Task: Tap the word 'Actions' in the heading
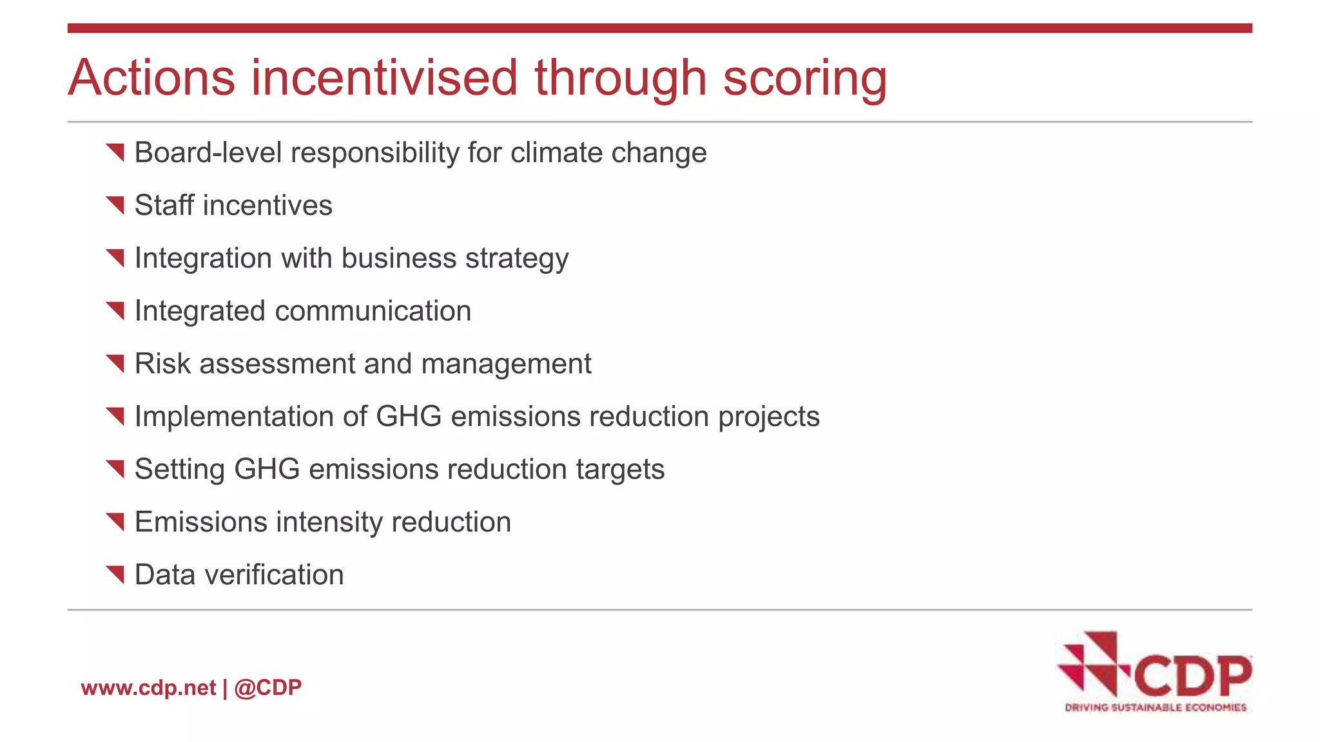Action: (152, 79)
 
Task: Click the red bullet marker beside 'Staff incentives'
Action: (115, 205)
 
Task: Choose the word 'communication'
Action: (373, 311)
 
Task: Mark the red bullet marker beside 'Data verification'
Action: (115, 575)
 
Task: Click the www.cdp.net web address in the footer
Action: (148, 688)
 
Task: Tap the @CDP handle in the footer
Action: (268, 688)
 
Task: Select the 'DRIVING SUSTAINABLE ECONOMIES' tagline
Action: (1156, 708)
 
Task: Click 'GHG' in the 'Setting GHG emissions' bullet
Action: (267, 470)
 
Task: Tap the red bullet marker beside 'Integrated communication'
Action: (115, 311)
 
